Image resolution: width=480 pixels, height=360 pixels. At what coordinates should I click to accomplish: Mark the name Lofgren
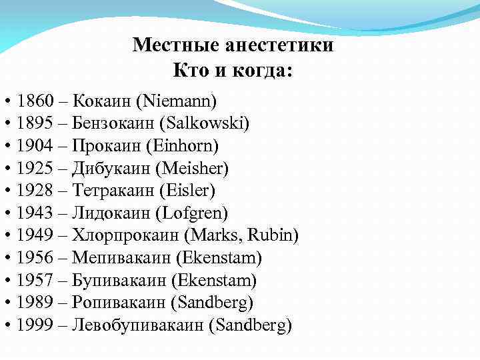tap(197, 213)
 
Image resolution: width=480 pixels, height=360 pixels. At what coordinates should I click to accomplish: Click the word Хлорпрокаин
tap(117, 236)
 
